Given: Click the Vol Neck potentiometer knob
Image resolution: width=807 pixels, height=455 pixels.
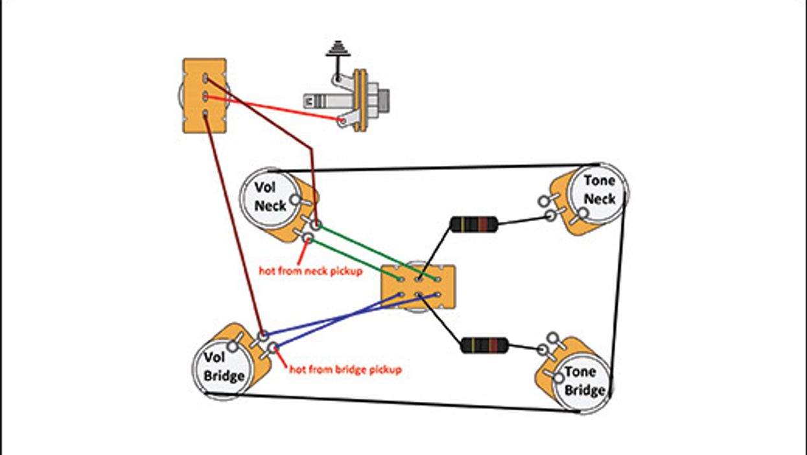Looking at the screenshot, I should click(x=270, y=196).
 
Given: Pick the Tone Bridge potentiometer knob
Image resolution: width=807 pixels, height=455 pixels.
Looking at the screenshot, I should click(x=580, y=381).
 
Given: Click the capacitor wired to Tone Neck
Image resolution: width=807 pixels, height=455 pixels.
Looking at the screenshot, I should click(x=474, y=225).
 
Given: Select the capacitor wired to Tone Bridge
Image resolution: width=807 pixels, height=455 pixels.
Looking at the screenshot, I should click(x=484, y=345).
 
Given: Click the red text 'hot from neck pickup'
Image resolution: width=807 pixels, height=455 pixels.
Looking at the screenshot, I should click(x=310, y=271).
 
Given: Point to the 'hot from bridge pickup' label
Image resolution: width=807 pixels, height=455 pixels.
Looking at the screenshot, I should click(x=345, y=369).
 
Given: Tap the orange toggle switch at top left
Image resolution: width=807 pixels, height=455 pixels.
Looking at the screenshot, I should click(x=205, y=96).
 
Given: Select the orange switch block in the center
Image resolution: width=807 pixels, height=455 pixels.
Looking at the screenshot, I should click(x=418, y=287).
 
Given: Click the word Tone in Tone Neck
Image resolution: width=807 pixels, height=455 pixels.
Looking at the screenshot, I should click(x=599, y=181).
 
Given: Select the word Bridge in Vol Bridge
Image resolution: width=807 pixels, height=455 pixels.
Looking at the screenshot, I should click(x=224, y=376).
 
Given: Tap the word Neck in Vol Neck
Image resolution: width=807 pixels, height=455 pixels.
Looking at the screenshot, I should click(x=270, y=206).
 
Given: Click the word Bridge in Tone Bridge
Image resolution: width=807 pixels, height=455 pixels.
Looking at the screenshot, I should click(x=584, y=390).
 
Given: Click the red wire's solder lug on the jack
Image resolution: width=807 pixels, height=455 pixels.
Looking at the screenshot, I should click(x=341, y=121).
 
